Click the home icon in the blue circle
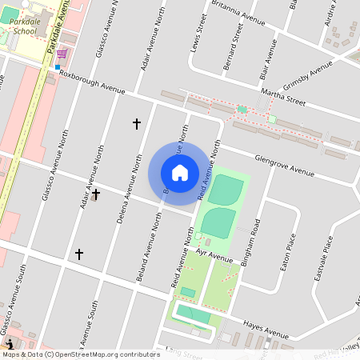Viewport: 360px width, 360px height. pyautogui.click(x=179, y=172)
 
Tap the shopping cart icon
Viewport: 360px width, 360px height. pyautogui.click(x=62, y=53)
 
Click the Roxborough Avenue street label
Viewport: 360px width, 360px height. pyautogui.click(x=93, y=83)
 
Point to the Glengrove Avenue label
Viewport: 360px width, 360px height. pyautogui.click(x=285, y=165)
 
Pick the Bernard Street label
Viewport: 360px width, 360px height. pyautogui.click(x=234, y=47)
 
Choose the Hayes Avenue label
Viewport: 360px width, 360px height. pyautogui.click(x=266, y=327)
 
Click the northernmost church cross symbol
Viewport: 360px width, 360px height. pyautogui.click(x=136, y=123)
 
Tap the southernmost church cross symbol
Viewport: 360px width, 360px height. pyautogui.click(x=78, y=254)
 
